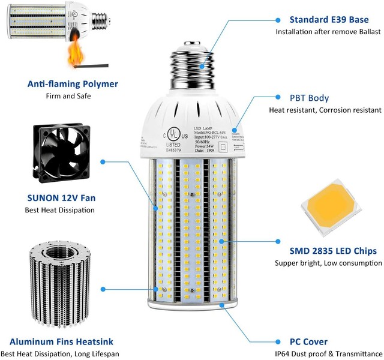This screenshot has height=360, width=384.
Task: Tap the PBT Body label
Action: [x=310, y=98]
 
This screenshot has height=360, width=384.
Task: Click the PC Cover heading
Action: [x=308, y=342]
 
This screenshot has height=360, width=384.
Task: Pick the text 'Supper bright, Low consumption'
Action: [x=326, y=263]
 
